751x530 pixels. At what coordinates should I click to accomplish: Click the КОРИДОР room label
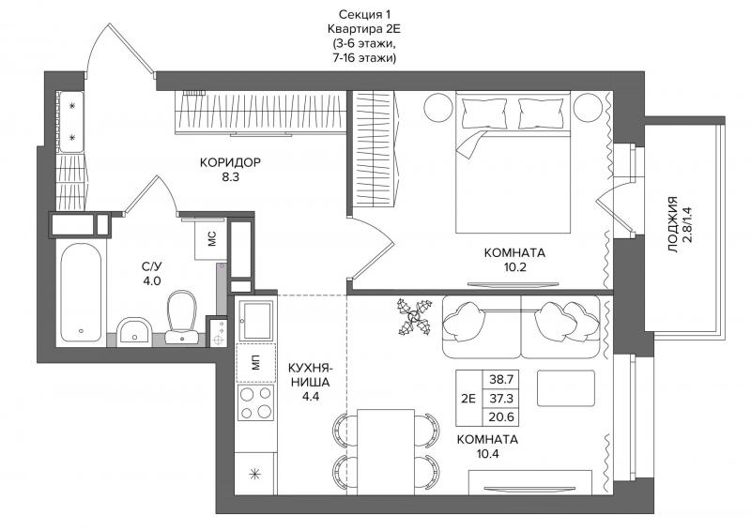point(230,162)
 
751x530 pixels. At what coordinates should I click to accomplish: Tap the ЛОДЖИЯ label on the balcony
point(673,224)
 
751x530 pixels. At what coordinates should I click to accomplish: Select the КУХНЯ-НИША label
point(309,375)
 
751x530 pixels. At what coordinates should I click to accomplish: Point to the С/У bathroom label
point(151,266)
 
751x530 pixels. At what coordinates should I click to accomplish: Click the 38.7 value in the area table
point(501,380)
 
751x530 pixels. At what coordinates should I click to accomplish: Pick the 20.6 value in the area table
point(501,417)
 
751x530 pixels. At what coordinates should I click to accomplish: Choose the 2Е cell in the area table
point(468,399)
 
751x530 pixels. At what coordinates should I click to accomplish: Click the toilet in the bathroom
point(182,317)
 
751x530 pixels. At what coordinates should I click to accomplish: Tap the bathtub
point(82,293)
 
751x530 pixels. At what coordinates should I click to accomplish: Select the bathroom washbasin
point(134,331)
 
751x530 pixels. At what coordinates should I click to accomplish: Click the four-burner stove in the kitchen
point(255,402)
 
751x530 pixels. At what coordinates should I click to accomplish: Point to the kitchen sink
point(255,320)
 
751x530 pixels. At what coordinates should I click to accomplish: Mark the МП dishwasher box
point(255,363)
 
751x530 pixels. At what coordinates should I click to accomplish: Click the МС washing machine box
point(210,239)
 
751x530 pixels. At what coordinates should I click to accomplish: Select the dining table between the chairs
point(386,451)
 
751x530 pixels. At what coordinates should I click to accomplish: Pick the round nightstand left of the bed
point(438,108)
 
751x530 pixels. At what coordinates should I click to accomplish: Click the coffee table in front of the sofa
point(566,387)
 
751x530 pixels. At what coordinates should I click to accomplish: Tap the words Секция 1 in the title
point(361,14)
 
